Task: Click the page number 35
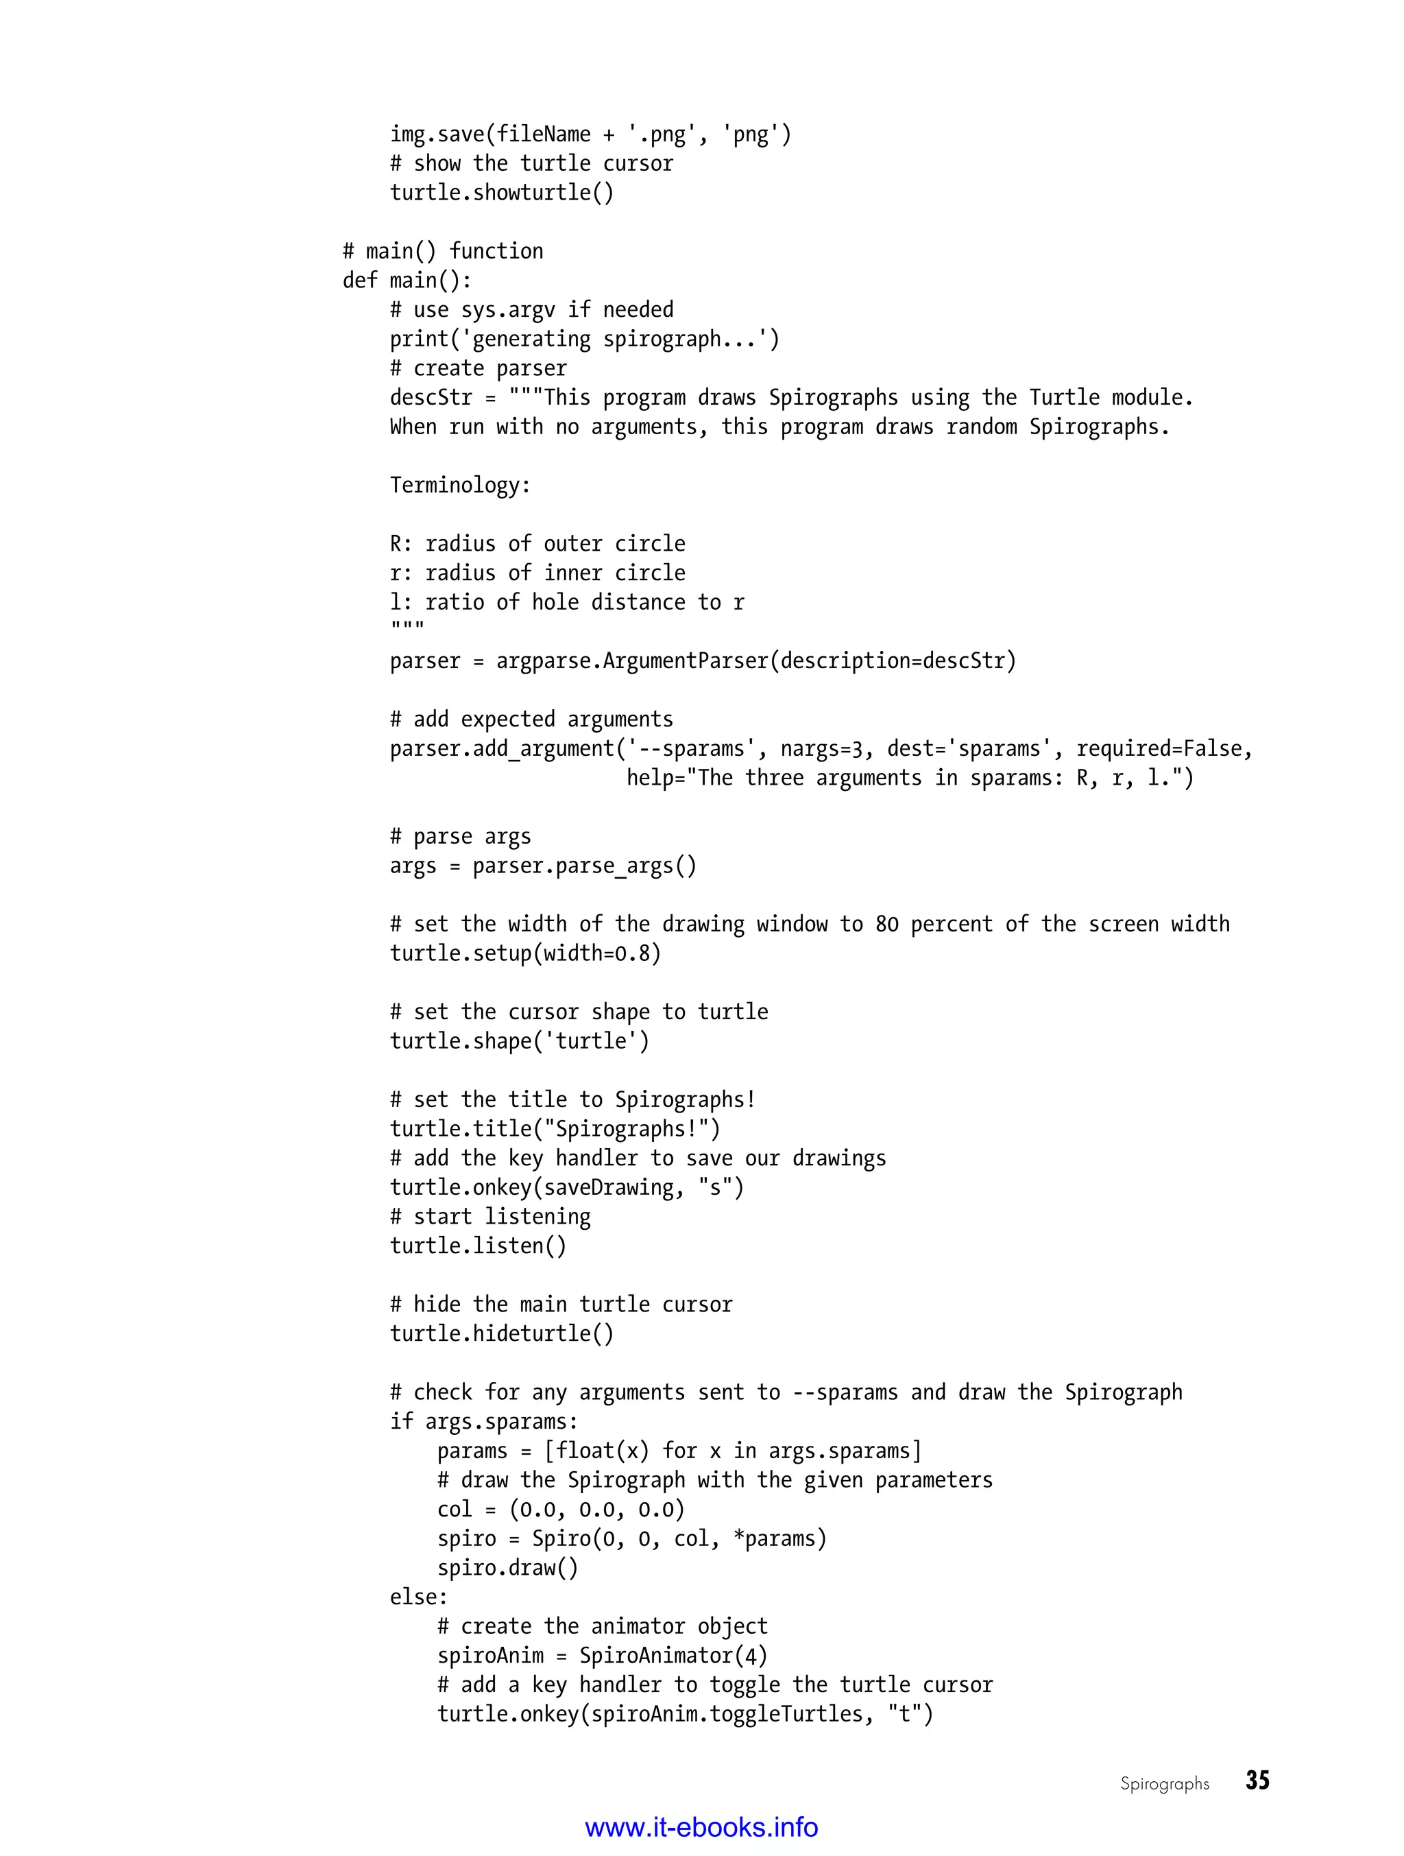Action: coord(1257,1781)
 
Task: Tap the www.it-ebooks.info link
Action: coord(701,1827)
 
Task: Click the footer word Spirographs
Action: coord(1164,1784)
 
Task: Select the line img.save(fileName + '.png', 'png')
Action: coord(590,134)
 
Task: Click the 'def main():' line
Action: coord(407,281)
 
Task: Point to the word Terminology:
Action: coord(459,485)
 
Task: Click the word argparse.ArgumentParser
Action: coord(631,661)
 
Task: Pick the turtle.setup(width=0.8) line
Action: coord(525,953)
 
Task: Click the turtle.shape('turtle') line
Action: coord(519,1041)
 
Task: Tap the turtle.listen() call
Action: coord(478,1246)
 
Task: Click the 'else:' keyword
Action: coord(418,1597)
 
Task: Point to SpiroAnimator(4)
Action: coord(673,1656)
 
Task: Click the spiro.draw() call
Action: coord(507,1567)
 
